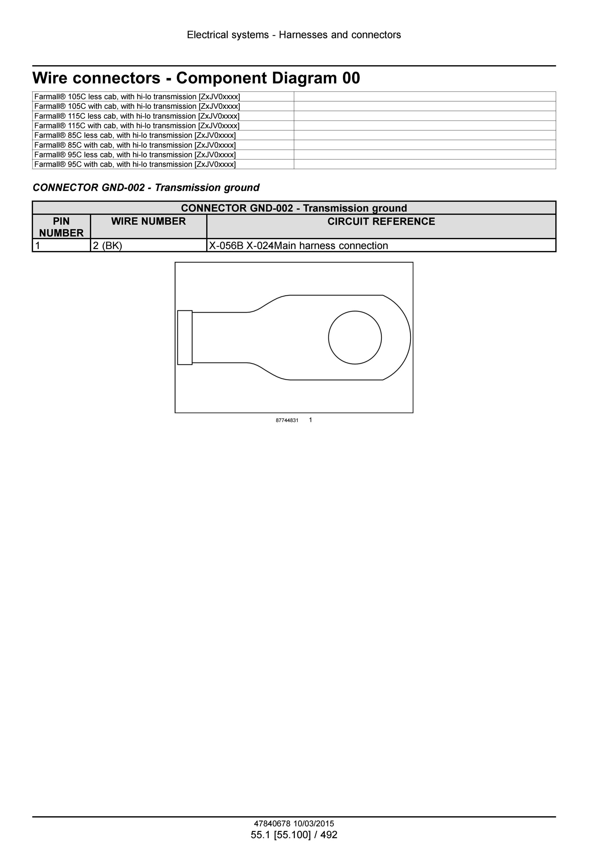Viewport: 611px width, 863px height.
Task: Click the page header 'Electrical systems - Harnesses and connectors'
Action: point(294,35)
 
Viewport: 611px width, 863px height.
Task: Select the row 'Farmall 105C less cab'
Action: point(137,97)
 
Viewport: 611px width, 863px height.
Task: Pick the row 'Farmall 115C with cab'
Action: point(137,125)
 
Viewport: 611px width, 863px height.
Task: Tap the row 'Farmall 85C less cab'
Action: point(135,135)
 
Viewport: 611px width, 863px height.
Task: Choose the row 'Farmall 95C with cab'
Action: point(135,164)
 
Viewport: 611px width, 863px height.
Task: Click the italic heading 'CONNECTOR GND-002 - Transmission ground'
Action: point(146,188)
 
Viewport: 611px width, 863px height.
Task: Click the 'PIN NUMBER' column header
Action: point(61,227)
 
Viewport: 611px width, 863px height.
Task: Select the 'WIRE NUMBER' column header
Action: point(149,221)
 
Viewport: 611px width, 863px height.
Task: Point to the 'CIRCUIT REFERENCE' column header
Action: point(381,221)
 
